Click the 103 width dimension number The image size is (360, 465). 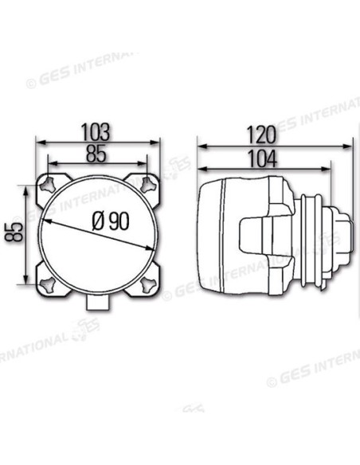tap(96, 132)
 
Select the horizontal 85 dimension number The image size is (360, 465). tap(96, 154)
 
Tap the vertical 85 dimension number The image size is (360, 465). tap(14, 232)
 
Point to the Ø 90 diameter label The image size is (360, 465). tap(111, 221)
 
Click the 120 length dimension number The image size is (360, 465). tap(261, 135)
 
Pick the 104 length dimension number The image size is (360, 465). tap(262, 158)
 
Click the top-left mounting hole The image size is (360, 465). tap(48, 185)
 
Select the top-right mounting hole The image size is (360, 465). tap(148, 185)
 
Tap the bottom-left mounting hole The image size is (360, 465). tap(48, 285)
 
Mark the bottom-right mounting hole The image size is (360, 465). tap(148, 285)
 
